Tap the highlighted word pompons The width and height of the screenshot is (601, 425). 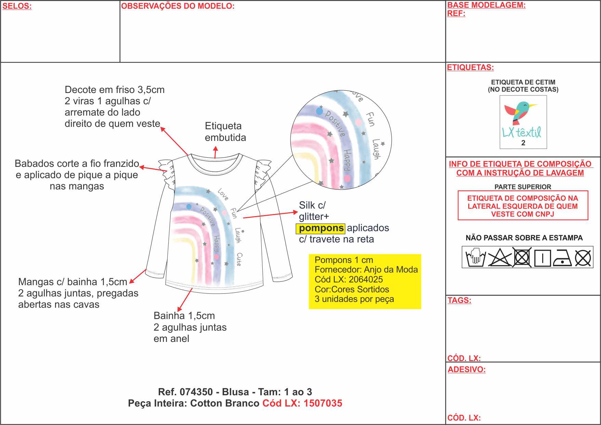point(321,228)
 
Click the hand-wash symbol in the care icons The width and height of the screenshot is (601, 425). point(475,257)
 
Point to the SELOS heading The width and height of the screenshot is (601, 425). point(17,6)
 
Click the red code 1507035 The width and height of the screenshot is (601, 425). point(323,403)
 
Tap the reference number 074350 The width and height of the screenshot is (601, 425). point(196,392)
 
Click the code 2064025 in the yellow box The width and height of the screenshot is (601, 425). point(366,279)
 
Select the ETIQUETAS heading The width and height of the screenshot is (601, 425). point(470,67)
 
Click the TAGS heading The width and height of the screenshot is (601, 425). point(459,300)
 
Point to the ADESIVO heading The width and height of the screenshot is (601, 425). point(467,370)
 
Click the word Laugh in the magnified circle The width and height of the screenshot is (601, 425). point(376,149)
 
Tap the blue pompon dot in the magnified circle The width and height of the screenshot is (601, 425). point(319,111)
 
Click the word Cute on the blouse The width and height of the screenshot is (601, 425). point(239,259)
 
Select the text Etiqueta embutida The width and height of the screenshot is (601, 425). point(225,132)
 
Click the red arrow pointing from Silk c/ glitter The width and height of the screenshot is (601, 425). point(270,215)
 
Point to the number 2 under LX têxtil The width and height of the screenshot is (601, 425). point(523,143)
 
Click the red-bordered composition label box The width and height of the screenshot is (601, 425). point(523,205)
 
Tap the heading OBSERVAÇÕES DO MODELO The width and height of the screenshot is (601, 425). point(178,6)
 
